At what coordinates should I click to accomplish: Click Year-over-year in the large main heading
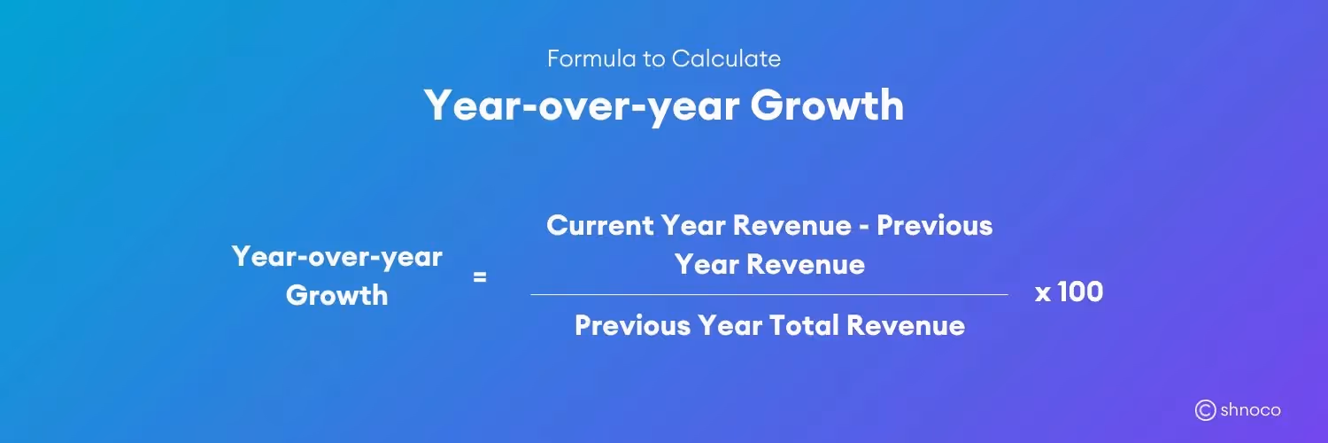click(580, 105)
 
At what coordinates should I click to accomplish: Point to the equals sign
click(480, 276)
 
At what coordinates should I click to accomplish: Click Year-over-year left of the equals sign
click(337, 257)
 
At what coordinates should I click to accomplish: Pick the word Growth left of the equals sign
click(337, 295)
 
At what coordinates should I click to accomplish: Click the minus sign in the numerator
click(863, 226)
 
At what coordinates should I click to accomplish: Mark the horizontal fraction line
click(768, 294)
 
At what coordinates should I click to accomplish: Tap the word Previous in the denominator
click(632, 325)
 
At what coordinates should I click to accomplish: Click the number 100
click(1081, 292)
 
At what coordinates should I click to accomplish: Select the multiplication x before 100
click(1043, 294)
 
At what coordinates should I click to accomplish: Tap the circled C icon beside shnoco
click(1205, 409)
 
